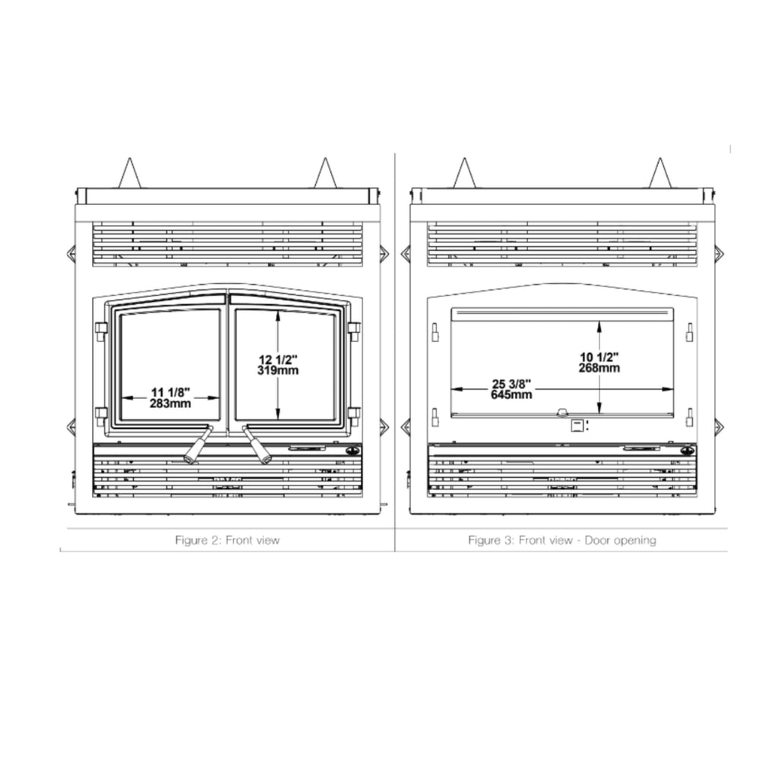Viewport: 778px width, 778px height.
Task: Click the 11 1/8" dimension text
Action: click(170, 393)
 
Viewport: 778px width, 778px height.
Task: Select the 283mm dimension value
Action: click(170, 404)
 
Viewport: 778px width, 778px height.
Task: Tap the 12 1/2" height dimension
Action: click(278, 359)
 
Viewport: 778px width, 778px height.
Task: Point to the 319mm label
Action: click(278, 371)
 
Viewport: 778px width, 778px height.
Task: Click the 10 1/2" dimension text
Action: click(599, 357)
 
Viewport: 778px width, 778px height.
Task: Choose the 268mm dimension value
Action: click(599, 368)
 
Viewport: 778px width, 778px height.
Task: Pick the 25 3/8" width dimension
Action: click(511, 384)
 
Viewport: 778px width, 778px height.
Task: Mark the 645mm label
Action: click(511, 395)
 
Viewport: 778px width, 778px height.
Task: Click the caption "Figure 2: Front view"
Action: click(227, 540)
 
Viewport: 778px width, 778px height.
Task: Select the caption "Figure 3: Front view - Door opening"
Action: click(562, 540)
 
